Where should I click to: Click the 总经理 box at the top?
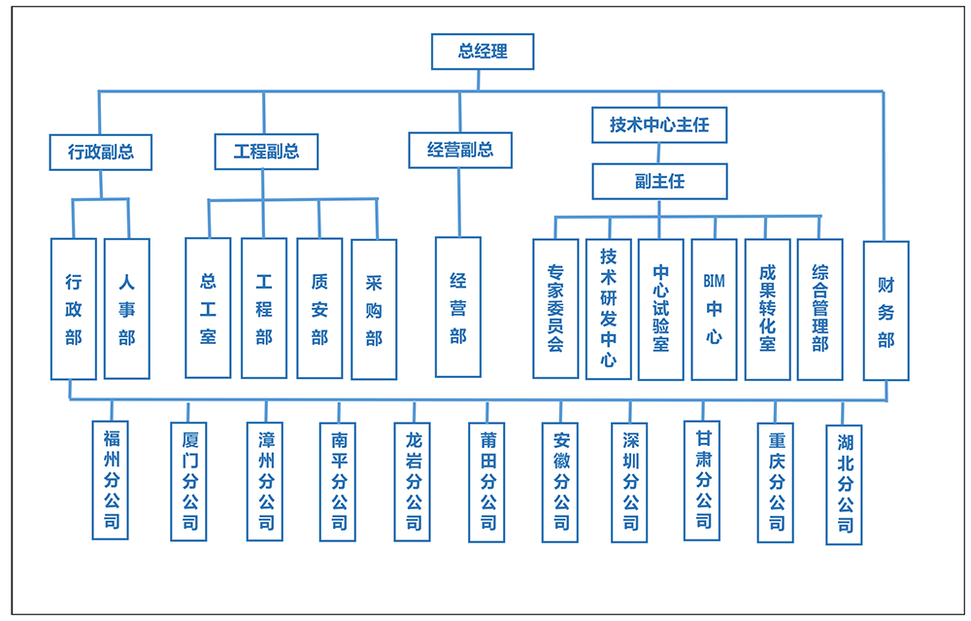click(483, 52)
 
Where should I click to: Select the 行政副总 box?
click(101, 152)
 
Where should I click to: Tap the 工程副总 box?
click(266, 152)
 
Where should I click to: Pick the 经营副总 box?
click(459, 150)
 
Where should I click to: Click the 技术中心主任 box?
click(658, 124)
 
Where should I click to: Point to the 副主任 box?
click(658, 182)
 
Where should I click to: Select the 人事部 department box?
click(127, 309)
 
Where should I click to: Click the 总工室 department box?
click(208, 308)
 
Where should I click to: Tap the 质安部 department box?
click(319, 308)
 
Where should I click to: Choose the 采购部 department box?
click(374, 309)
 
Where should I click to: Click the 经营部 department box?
click(458, 307)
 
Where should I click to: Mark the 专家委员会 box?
click(555, 309)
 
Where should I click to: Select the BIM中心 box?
click(714, 309)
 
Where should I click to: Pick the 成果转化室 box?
click(767, 309)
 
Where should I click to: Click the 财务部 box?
click(886, 311)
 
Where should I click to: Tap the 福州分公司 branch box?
click(112, 479)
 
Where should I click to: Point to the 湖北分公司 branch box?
click(845, 485)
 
